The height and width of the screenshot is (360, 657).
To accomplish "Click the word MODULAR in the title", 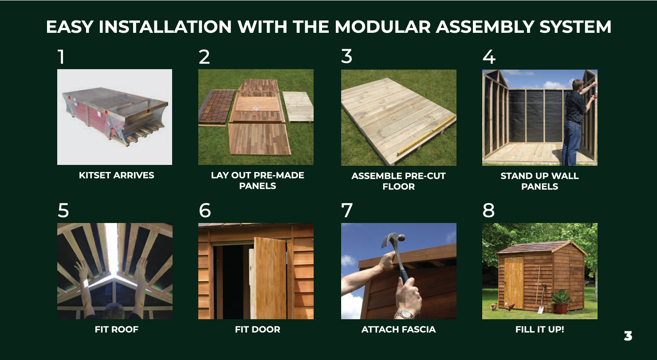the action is click(382, 27).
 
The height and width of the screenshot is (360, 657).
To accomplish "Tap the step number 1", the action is click(61, 57).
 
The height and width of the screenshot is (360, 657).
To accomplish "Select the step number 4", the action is click(489, 57).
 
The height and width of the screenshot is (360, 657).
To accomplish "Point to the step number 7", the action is click(346, 210).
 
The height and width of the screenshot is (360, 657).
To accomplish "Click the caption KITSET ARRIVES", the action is click(116, 175).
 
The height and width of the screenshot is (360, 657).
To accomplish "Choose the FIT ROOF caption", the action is click(116, 329).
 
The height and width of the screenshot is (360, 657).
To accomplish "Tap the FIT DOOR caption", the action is click(257, 329).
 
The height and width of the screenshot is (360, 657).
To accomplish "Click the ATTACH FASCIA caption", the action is click(399, 329).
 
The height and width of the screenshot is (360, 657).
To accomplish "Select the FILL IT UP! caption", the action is click(540, 329).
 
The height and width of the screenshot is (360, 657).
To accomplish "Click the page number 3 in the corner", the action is click(628, 336).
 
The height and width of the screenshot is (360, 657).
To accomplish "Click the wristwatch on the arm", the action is click(405, 315).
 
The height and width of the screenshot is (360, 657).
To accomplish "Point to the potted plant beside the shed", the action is click(560, 302).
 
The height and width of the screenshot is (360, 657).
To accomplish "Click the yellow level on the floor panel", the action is click(426, 135).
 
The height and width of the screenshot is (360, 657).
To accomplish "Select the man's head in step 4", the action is click(578, 85).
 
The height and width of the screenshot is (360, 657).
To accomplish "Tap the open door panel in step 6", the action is click(268, 278).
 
